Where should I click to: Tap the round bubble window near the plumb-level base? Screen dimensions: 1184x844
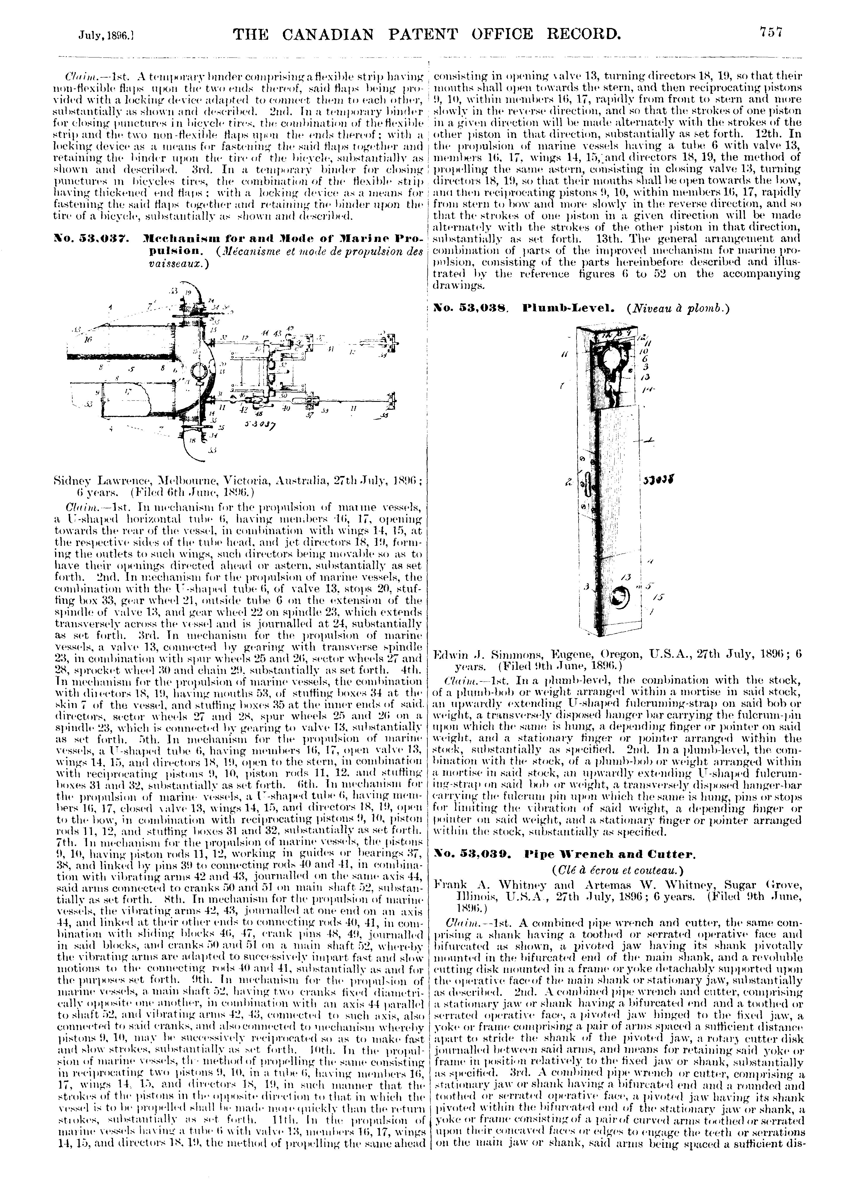[x=622, y=598]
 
